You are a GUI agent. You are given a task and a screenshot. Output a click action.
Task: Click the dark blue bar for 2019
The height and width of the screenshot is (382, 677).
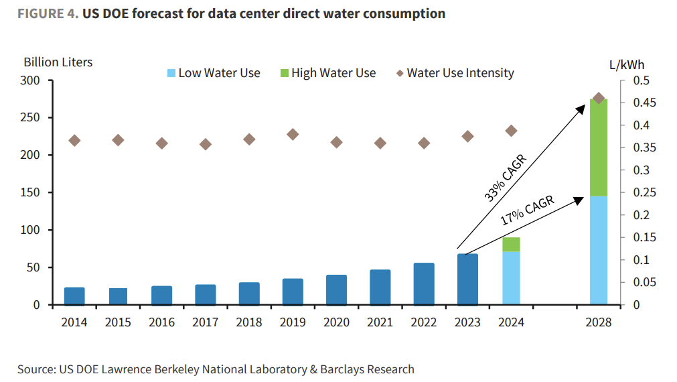(293, 292)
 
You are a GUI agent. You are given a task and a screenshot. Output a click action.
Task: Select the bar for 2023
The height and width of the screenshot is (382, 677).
(467, 279)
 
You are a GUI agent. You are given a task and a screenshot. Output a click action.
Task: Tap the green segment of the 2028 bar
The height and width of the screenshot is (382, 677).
(599, 147)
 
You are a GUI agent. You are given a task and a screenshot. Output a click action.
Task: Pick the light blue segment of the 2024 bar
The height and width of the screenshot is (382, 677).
(512, 278)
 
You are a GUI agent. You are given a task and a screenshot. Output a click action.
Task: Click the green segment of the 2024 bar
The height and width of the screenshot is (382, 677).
(512, 244)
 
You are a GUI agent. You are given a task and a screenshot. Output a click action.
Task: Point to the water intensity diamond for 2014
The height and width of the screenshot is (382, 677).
(74, 141)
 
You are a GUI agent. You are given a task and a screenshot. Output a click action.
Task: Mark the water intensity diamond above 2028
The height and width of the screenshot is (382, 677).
(599, 99)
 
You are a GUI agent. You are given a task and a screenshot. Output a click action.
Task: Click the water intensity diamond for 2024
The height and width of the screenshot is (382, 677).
(512, 131)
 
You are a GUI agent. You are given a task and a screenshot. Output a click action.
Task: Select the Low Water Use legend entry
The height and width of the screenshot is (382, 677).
(213, 73)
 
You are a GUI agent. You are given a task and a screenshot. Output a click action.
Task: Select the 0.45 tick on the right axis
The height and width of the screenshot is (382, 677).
(643, 103)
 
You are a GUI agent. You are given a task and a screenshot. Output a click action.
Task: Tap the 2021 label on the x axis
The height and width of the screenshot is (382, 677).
(380, 322)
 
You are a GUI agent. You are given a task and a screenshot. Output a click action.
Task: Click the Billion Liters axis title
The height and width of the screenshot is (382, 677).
(58, 62)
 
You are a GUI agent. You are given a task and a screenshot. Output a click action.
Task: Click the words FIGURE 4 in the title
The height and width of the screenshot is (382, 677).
(47, 13)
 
